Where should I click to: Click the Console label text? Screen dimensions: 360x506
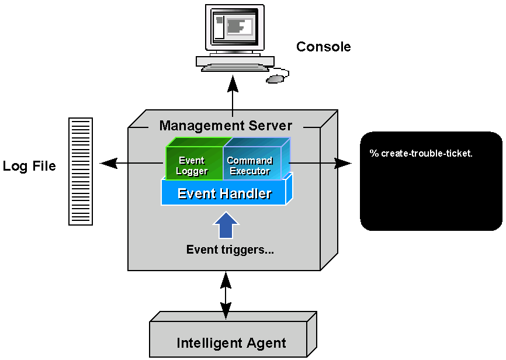click(x=323, y=47)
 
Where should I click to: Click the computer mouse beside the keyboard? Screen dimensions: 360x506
click(x=276, y=78)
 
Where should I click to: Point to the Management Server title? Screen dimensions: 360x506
click(x=226, y=126)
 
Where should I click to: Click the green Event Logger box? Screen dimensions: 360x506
click(x=192, y=165)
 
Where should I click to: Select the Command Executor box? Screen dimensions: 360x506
click(x=250, y=165)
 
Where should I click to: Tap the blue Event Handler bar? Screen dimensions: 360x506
click(x=224, y=193)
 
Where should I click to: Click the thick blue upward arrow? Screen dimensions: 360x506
click(x=226, y=225)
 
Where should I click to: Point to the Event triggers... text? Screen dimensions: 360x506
click(x=230, y=250)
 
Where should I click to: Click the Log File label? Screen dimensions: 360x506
click(x=29, y=166)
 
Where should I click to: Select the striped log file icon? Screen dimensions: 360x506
click(x=81, y=171)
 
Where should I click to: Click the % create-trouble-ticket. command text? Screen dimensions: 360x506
click(x=421, y=154)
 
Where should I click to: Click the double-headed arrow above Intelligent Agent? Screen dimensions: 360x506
click(x=226, y=295)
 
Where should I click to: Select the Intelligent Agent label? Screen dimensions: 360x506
click(x=231, y=343)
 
